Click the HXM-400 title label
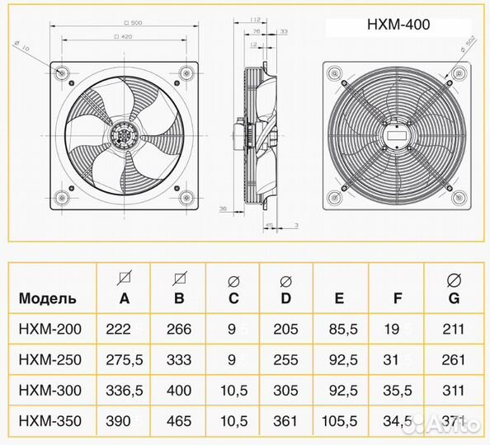pos(398,25)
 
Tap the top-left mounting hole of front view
pos(63,73)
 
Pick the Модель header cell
pos(48,298)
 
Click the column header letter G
pos(452,298)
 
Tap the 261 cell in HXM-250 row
pos(452,360)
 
